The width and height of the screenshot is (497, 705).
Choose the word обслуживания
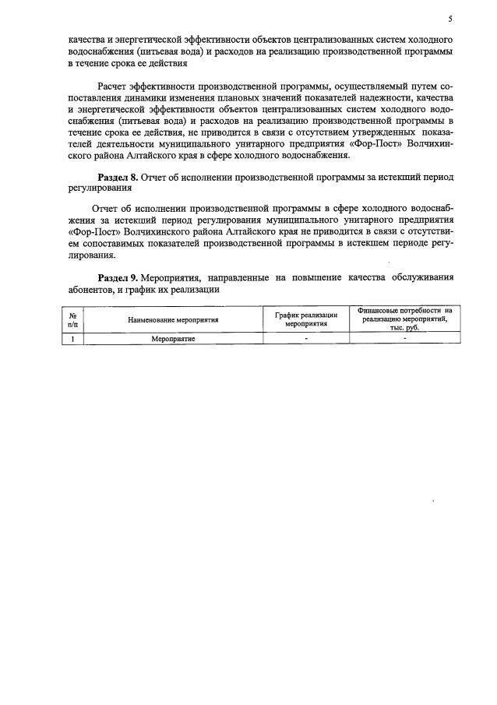pyautogui.click(x=421, y=277)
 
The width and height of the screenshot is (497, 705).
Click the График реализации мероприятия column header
pyautogui.click(x=305, y=319)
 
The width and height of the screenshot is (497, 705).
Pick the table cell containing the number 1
pyautogui.click(x=72, y=339)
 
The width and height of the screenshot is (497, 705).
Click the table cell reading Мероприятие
pyautogui.click(x=173, y=339)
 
